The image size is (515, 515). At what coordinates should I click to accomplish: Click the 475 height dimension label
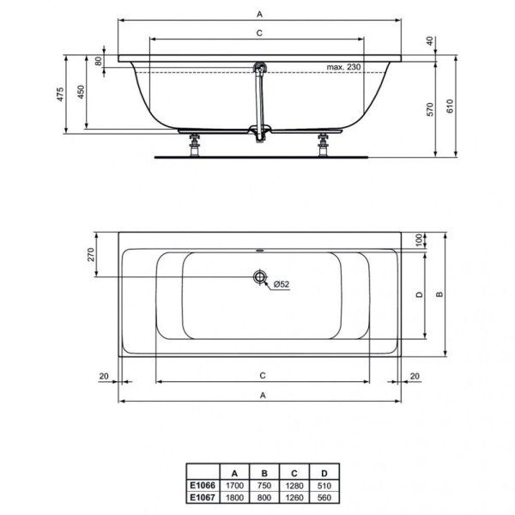[61, 95]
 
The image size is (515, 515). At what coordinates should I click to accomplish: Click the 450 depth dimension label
[82, 94]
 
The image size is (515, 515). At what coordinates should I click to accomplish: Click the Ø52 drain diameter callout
[282, 284]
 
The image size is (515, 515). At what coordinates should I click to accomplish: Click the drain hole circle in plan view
[257, 276]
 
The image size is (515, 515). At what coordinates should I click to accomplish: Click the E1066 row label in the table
[203, 484]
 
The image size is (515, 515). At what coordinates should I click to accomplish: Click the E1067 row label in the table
[203, 496]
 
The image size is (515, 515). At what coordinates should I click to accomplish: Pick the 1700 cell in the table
[233, 484]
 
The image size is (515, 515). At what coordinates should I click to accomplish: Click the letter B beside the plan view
[439, 294]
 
